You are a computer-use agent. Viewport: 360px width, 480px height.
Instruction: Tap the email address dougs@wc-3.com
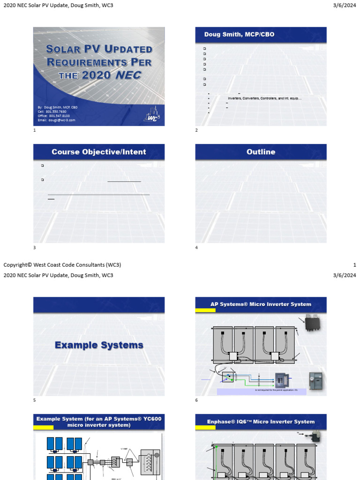pos(56,120)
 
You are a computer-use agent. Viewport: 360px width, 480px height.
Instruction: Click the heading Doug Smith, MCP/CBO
pos(239,34)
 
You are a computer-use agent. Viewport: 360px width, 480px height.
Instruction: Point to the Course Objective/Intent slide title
pos(99,152)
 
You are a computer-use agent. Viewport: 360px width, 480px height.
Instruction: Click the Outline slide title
pos(261,152)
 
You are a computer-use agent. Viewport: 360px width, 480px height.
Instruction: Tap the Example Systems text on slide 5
pos(99,345)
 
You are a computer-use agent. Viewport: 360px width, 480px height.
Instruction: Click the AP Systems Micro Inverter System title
pos(261,304)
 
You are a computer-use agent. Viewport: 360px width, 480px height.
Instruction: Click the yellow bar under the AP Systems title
pos(206,310)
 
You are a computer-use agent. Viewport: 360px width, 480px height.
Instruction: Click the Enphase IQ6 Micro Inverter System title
pos(261,421)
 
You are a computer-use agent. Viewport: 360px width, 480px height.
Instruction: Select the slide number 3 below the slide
pos(34,247)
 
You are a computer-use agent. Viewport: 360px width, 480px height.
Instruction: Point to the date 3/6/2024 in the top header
pos(346,5)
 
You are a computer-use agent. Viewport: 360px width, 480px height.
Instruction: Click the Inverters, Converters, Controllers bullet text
pos(264,98)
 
